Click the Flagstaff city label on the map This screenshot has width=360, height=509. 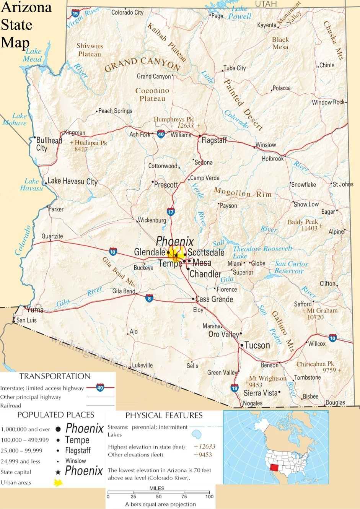pos(214,140)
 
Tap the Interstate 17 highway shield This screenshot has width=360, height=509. pos(171,211)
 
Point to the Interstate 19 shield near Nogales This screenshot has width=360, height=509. pos(235,388)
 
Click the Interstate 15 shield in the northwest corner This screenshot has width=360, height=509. pos(75,14)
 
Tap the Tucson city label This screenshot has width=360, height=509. pos(257,345)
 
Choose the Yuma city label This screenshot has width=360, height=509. pos(34,310)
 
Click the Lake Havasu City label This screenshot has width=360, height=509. pos(73,181)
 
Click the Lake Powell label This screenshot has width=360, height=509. pos(240,12)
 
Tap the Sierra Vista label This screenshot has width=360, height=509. pos(261,393)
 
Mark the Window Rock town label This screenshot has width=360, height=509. pos(328,102)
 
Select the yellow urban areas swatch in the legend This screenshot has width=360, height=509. pos(59,483)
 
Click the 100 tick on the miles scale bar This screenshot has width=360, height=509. pos(209,496)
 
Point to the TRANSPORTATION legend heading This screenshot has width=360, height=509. pos(55,376)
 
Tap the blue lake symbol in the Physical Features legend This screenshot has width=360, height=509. pos(197,434)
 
